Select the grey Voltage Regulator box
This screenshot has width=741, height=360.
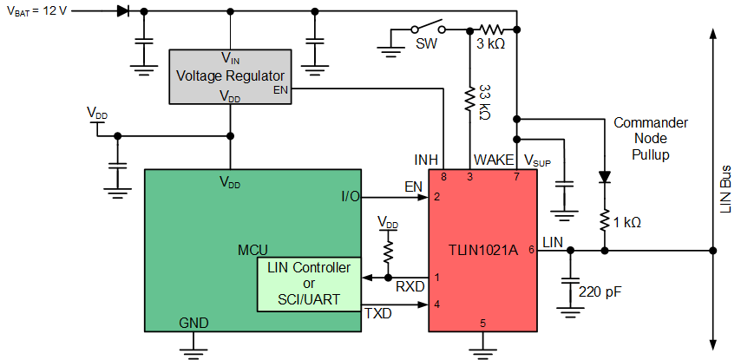(230, 76)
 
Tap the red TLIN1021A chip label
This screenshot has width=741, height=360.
(484, 250)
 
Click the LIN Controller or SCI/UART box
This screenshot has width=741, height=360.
(309, 284)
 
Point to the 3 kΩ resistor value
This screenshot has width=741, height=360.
(490, 42)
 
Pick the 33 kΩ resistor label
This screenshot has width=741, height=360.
(485, 102)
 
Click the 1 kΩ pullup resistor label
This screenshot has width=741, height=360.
(626, 222)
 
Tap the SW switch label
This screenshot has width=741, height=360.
(426, 42)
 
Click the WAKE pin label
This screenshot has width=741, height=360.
(490, 160)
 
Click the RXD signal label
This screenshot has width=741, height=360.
(410, 285)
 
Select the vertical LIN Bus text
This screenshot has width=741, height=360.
(725, 187)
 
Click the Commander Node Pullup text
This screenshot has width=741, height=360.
(650, 138)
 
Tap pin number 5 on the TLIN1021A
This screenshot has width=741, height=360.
(483, 324)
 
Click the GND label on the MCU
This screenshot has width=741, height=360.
(193, 322)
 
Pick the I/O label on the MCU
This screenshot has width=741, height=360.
(351, 197)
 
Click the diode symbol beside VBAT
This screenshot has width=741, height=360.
(121, 11)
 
